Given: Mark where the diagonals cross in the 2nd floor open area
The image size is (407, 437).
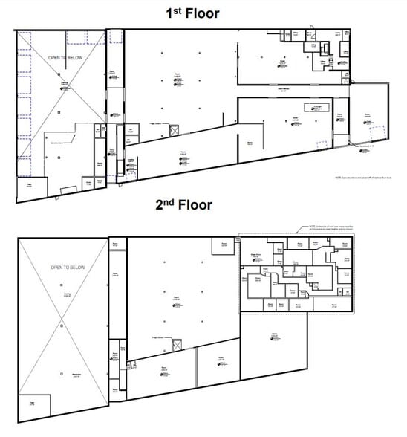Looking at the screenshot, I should [63, 322].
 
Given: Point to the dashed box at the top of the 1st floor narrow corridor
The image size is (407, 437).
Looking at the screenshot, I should [115, 36].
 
